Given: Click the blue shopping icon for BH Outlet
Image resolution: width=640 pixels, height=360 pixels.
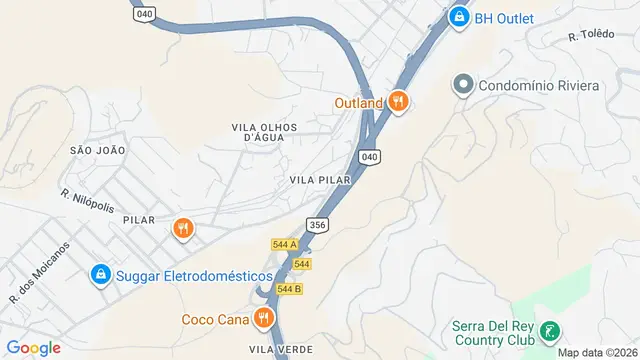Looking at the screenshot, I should [x=459, y=17].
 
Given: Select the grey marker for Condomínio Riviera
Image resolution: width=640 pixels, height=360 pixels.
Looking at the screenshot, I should [x=463, y=85].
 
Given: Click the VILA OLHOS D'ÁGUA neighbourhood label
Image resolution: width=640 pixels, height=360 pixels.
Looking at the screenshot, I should [x=259, y=133].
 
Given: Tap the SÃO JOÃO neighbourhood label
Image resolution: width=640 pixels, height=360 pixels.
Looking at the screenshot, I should [x=97, y=150].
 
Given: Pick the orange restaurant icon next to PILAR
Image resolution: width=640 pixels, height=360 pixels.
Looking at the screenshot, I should [x=182, y=228].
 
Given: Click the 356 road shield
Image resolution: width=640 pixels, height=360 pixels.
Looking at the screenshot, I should [x=318, y=226].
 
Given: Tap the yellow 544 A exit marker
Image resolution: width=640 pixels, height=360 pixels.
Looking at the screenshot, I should [x=285, y=245].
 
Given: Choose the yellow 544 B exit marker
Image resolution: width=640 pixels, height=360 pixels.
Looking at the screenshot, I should [x=289, y=289].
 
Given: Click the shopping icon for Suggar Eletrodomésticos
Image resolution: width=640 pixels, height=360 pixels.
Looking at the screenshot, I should [x=101, y=274].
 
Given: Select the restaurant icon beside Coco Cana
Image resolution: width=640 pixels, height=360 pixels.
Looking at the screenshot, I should [x=265, y=319].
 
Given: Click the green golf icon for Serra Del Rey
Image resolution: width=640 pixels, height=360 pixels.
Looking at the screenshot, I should [x=548, y=331].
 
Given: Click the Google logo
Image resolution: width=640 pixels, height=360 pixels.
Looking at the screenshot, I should [x=33, y=348].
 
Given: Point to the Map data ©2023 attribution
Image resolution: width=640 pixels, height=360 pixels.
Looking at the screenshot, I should [x=597, y=352].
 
